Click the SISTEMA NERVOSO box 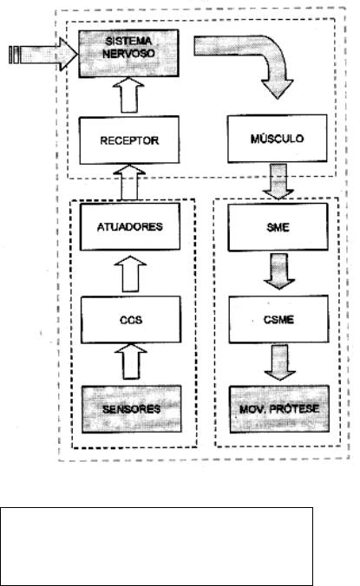[128, 54]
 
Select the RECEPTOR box [129, 140]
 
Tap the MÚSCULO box [277, 139]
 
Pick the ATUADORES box [130, 226]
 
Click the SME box [278, 227]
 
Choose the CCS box [131, 320]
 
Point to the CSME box [278, 319]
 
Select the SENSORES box [132, 409]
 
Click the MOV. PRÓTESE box [279, 409]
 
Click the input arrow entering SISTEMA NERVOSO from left [43, 55]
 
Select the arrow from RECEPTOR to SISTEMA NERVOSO [128, 95]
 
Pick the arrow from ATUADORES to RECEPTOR [129, 183]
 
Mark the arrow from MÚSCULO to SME [278, 181]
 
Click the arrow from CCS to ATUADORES [130, 274]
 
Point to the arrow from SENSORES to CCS [130, 361]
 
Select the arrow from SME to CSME [279, 271]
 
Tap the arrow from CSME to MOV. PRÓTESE [280, 362]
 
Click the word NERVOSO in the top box [128, 54]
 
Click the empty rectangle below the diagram [156, 546]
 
